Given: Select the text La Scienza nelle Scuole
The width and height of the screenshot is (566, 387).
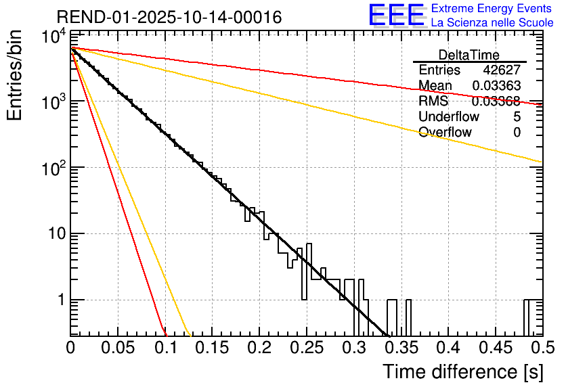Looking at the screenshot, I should [492, 23].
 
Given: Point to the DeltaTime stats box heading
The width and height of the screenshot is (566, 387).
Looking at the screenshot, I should [469, 55].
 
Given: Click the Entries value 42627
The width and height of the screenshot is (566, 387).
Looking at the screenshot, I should [502, 70].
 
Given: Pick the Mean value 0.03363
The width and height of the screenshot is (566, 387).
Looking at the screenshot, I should [496, 86].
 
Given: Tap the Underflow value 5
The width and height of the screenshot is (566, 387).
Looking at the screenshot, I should [517, 117].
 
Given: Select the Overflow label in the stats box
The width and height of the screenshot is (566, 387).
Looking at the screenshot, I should [445, 133].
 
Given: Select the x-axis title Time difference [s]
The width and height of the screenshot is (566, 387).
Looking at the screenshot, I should [462, 371].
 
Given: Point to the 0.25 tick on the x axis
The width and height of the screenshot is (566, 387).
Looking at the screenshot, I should [306, 348].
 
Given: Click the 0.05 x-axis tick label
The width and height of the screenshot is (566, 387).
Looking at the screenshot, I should [118, 348].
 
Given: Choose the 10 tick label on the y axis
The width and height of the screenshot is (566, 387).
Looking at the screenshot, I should [53, 233].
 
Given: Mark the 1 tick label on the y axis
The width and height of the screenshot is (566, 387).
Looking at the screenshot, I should [59, 300].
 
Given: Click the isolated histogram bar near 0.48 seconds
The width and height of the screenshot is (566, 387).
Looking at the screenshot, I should [526, 317].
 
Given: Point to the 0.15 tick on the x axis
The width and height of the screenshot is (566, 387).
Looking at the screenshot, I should [212, 348].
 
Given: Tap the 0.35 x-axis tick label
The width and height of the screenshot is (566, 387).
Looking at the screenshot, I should [400, 348].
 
